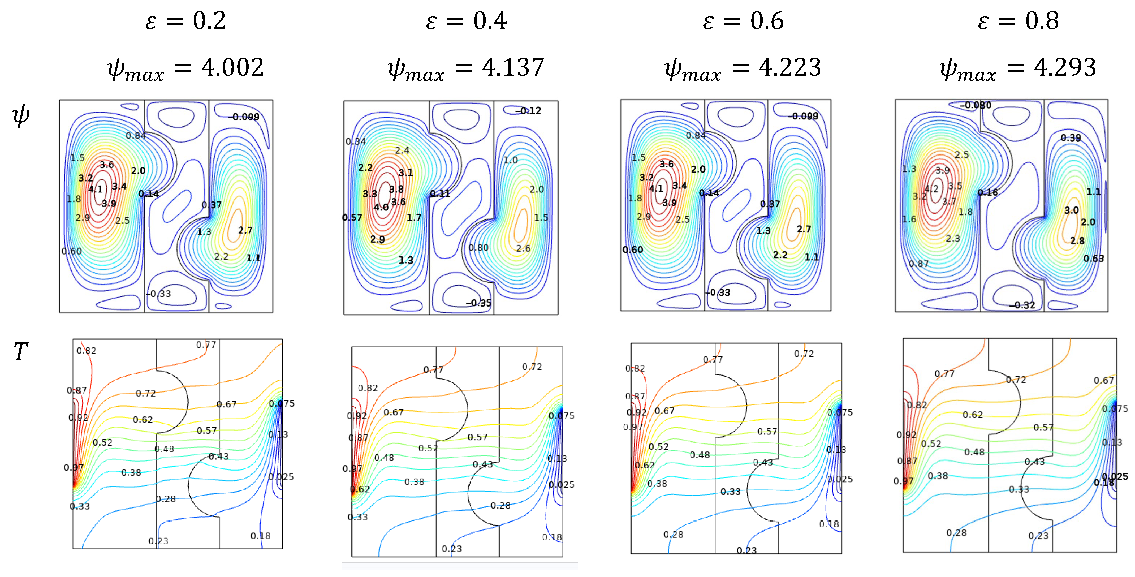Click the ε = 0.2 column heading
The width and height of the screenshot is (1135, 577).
tap(185, 21)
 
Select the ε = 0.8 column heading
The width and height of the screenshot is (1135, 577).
tap(1018, 21)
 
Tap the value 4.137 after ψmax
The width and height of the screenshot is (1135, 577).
tap(513, 67)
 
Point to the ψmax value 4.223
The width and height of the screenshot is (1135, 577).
tap(790, 67)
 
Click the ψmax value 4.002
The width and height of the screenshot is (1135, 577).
tap(233, 67)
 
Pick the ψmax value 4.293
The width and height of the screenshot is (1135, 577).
tap(1065, 67)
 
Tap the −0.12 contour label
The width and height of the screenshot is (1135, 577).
tap(529, 111)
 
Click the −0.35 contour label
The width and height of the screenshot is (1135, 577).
tap(479, 303)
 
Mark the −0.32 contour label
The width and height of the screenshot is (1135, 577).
tap(1023, 305)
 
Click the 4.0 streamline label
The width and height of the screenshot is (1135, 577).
tap(381, 207)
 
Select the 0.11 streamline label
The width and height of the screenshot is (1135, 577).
tap(440, 193)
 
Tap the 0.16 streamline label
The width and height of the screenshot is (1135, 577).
tap(988, 192)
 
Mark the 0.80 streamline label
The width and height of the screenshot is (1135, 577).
tap(478, 248)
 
